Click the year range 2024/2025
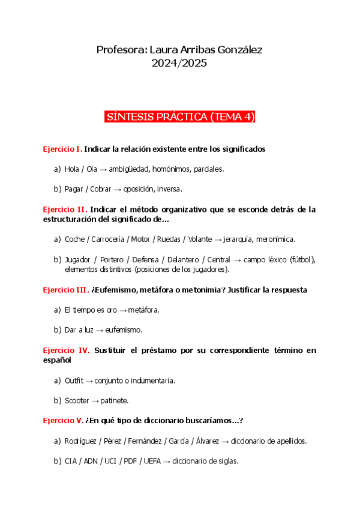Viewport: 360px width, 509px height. pyautogui.click(x=180, y=62)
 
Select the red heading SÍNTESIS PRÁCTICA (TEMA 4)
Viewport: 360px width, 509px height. pyautogui.click(x=180, y=117)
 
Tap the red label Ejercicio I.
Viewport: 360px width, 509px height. pyautogui.click(x=62, y=149)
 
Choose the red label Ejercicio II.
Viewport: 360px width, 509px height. pyautogui.click(x=65, y=209)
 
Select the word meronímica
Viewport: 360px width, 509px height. pyautogui.click(x=274, y=239)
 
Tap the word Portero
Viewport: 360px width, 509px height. pyautogui.click(x=112, y=259)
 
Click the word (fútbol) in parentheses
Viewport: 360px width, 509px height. pyautogui.click(x=302, y=259)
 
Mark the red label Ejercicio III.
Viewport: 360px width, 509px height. pyautogui.click(x=66, y=290)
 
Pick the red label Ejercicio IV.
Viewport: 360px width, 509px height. pyautogui.click(x=66, y=351)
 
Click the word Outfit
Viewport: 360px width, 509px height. pyautogui.click(x=74, y=381)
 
